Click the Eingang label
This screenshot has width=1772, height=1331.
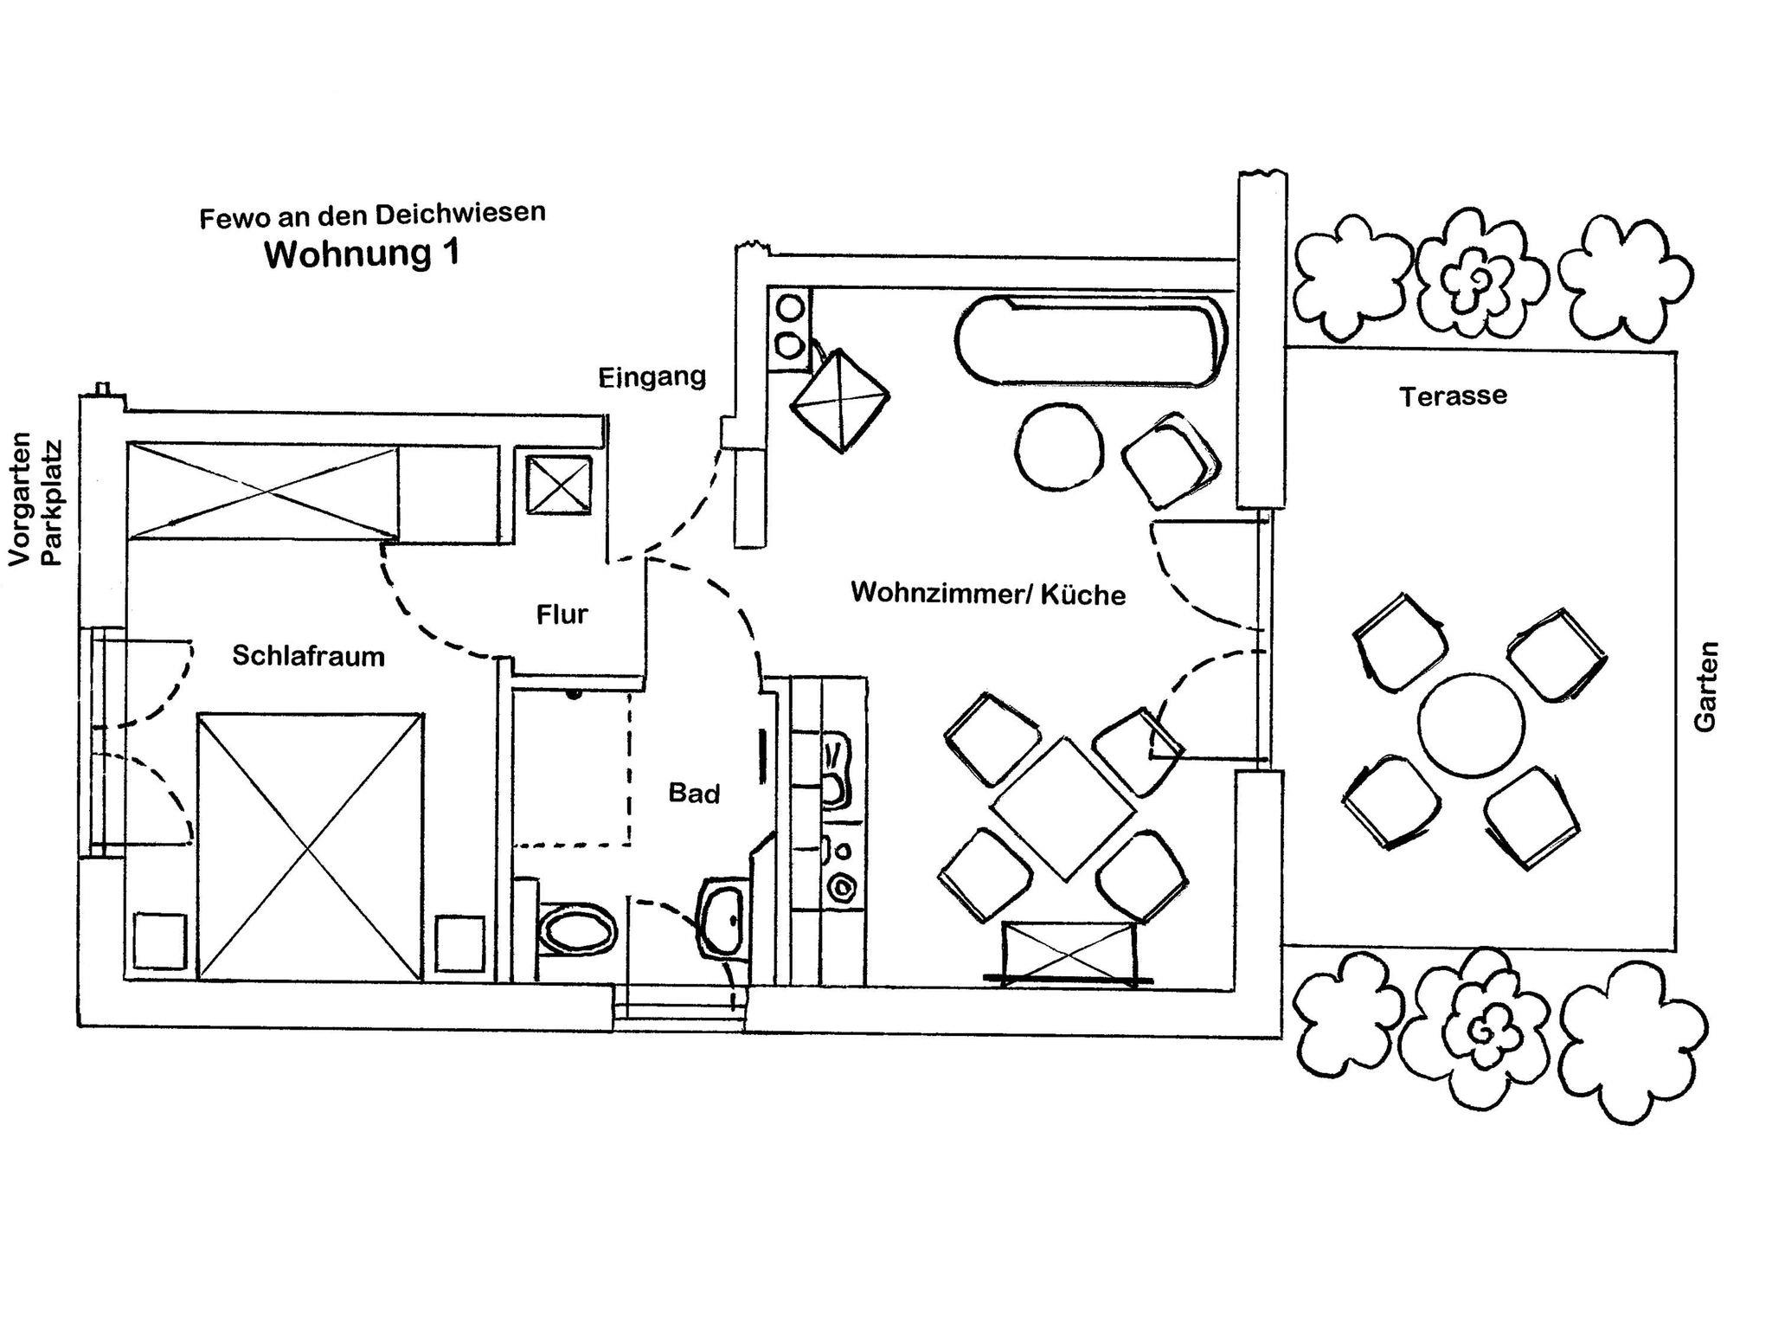(x=652, y=377)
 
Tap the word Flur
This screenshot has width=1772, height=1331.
(x=562, y=614)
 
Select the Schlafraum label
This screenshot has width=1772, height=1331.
(x=308, y=656)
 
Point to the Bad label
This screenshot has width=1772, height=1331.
(x=694, y=793)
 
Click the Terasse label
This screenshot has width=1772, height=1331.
(x=1454, y=396)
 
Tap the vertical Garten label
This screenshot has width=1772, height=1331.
(x=1705, y=686)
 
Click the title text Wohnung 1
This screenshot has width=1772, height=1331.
(x=362, y=254)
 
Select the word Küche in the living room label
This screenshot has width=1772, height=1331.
(x=1083, y=595)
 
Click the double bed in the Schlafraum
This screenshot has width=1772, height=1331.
(x=310, y=846)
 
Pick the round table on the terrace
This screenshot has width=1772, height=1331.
(x=1470, y=725)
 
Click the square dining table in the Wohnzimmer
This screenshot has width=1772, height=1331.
(x=1063, y=808)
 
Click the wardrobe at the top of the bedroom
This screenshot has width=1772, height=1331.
(x=262, y=490)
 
